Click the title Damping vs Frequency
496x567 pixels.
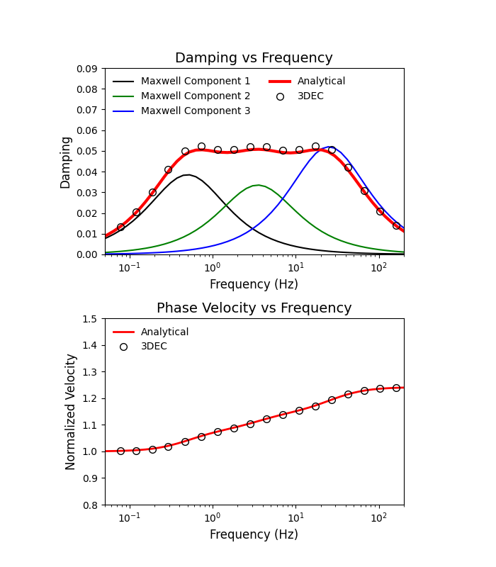coord(254,58)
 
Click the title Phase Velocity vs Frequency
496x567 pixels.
coord(254,308)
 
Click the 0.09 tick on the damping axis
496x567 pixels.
coord(89,69)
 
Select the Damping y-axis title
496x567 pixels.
coord(66,162)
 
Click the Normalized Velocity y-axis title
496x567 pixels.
coord(71,412)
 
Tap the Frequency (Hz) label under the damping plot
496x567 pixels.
coord(254,284)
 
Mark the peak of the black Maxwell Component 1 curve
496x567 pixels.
coord(187,174)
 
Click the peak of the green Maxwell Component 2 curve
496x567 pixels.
coord(259,185)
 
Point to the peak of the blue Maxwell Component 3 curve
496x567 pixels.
coord(330,147)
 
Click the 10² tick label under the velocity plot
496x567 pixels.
coord(379,518)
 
